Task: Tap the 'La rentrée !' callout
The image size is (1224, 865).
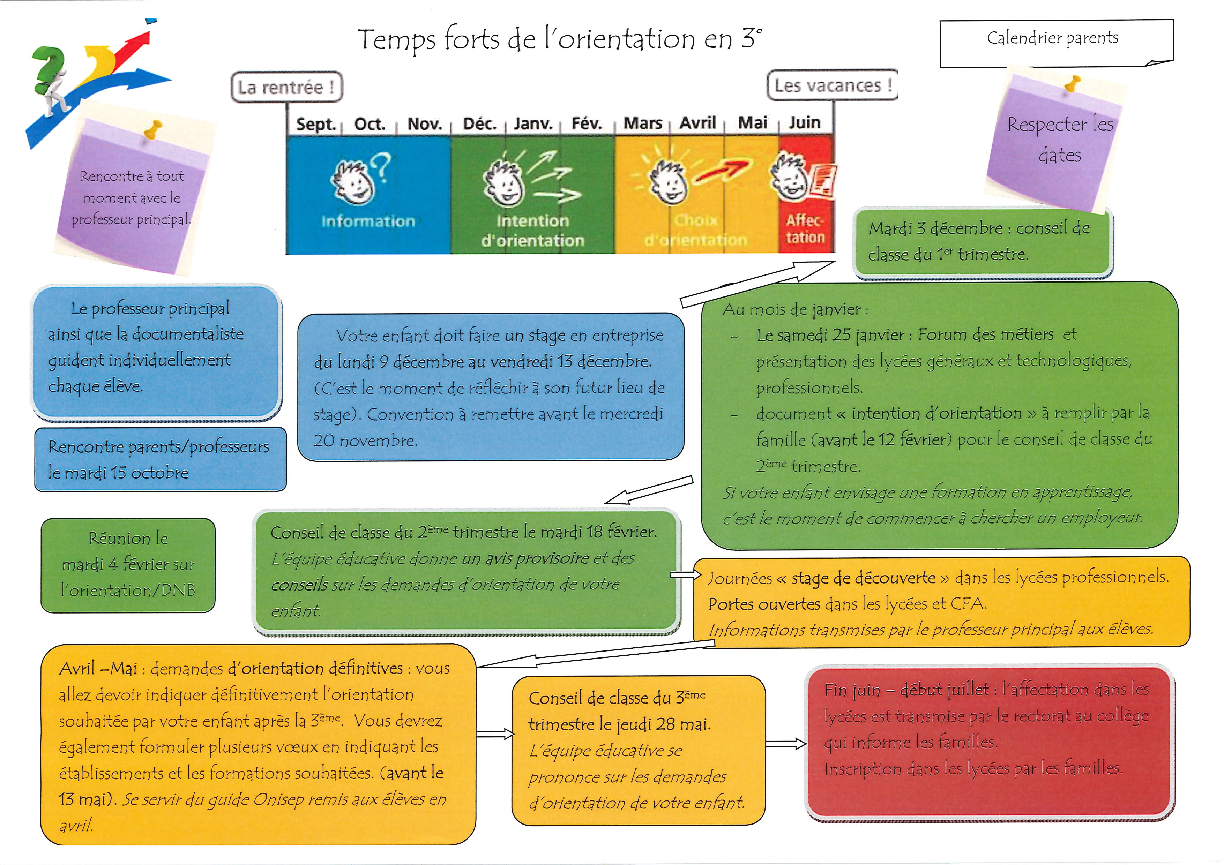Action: [286, 87]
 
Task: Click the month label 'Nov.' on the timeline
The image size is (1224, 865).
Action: [424, 124]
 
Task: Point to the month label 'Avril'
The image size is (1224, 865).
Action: [697, 123]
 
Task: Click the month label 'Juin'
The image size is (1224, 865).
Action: [805, 122]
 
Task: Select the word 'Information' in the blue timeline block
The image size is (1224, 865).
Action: [368, 221]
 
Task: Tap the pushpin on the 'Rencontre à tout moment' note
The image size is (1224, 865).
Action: [153, 129]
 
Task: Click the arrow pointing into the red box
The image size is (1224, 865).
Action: [786, 744]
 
